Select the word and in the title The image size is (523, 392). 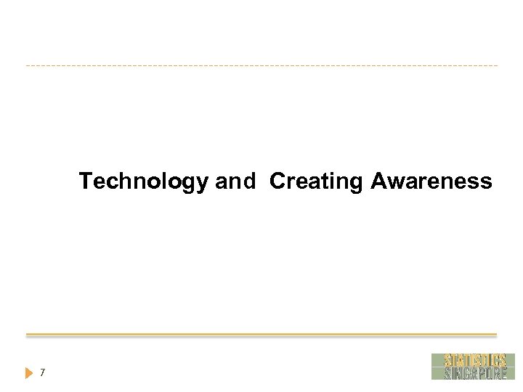pyautogui.click(x=235, y=181)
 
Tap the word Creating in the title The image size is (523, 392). pyautogui.click(x=315, y=181)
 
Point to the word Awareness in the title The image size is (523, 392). pyautogui.click(x=431, y=181)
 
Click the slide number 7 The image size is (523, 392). pyautogui.click(x=43, y=373)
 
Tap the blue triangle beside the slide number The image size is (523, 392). pyautogui.click(x=29, y=373)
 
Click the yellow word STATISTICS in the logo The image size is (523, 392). pyautogui.click(x=474, y=360)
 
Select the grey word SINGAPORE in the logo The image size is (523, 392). pyautogui.click(x=474, y=373)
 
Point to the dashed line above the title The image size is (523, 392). pyautogui.click(x=261, y=66)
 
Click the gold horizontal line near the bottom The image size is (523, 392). pyautogui.click(x=261, y=335)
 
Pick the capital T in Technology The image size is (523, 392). pyautogui.click(x=86, y=181)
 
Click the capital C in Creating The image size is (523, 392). pyautogui.click(x=277, y=181)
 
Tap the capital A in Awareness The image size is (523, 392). pyautogui.click(x=379, y=181)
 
